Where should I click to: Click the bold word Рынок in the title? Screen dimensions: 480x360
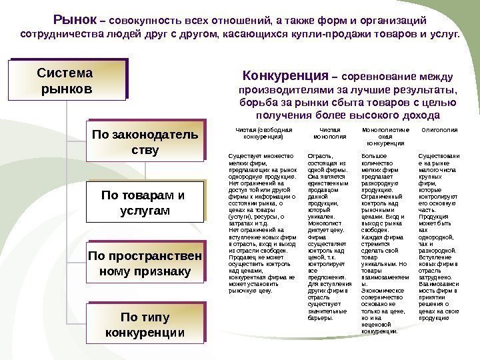(74, 19)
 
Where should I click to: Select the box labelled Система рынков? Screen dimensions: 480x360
(67, 79)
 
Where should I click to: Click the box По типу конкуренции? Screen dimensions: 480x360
(145, 323)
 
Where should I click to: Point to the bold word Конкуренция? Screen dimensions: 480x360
(287, 75)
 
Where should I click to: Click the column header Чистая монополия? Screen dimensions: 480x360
(325, 133)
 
